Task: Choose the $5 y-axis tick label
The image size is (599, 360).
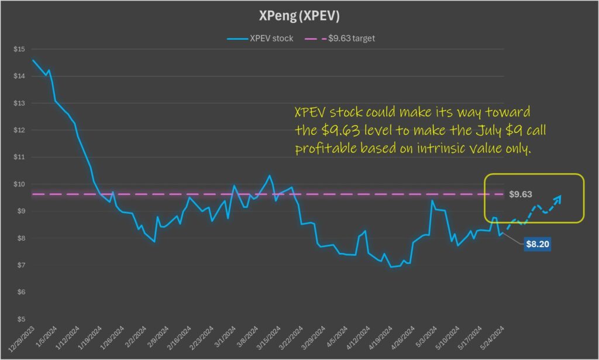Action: [20, 319]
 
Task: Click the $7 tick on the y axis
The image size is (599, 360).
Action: [20, 265]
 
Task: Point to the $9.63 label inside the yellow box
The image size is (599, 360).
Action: [520, 193]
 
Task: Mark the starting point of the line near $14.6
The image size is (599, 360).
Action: [33, 60]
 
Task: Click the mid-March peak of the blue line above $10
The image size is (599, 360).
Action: [270, 176]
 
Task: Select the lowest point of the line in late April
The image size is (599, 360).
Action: [391, 267]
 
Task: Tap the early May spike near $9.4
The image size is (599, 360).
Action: [432, 201]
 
